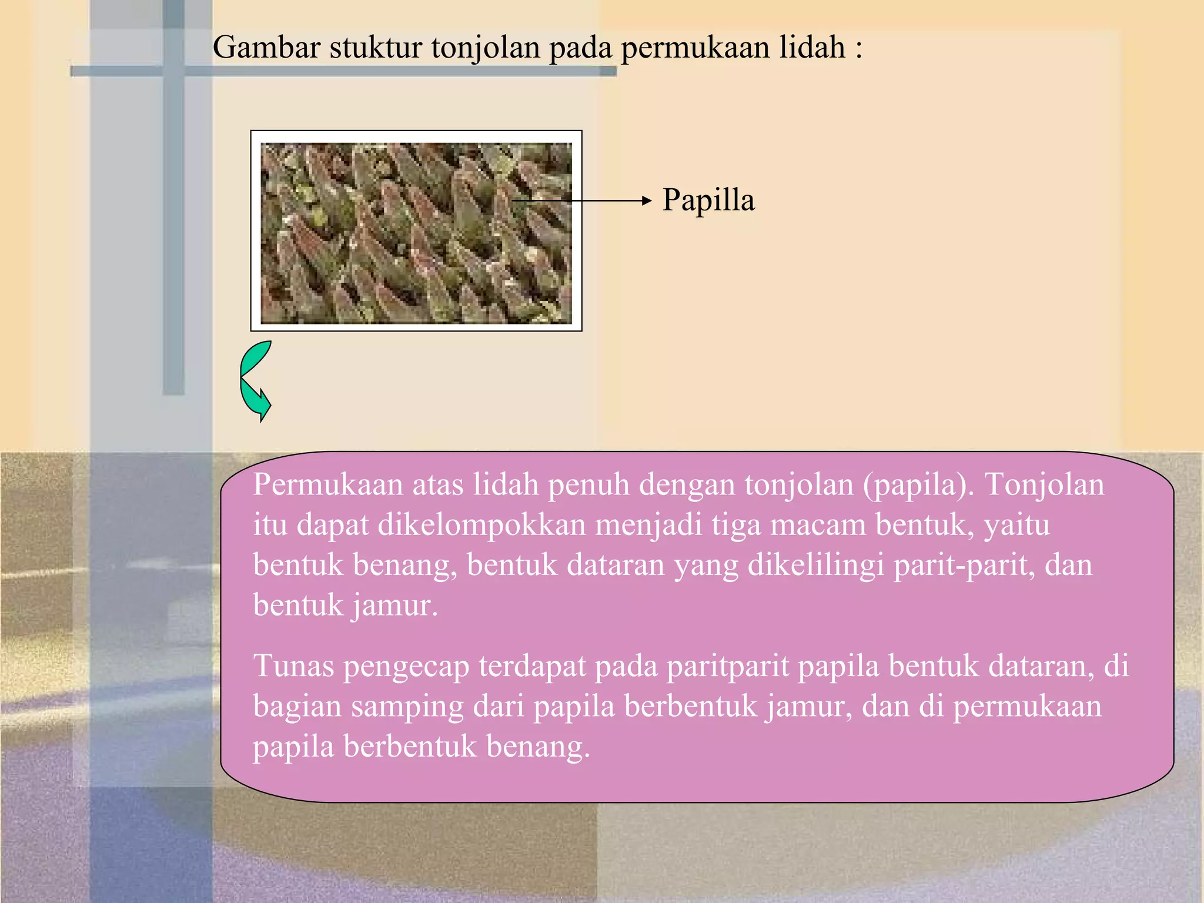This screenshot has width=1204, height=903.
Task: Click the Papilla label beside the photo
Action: pos(708,200)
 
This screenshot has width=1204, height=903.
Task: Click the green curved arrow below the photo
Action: pos(255,381)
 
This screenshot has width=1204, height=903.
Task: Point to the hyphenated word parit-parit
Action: pos(964,565)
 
